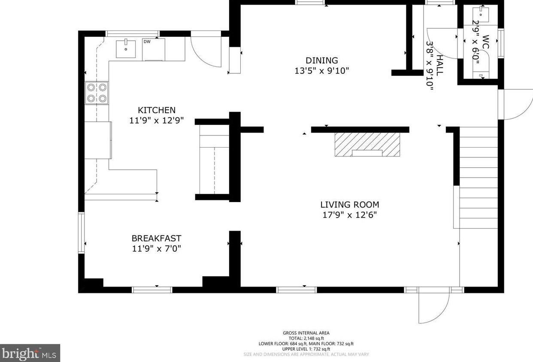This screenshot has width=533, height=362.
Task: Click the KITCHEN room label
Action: [157, 110]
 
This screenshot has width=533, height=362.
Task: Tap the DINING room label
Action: [322, 60]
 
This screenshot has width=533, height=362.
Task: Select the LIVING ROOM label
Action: [350, 205]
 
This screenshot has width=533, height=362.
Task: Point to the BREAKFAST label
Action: [156, 238]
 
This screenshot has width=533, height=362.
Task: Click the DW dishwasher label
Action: [147, 42]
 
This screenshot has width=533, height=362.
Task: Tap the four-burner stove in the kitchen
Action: [97, 93]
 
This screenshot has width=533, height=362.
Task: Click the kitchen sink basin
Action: [126, 49]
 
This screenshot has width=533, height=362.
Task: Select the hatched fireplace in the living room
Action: [367, 145]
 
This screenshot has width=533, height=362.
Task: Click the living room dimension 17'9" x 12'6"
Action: [350, 215]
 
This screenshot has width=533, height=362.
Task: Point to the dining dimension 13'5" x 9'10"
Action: [322, 71]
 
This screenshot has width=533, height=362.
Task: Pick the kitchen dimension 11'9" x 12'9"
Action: [157, 121]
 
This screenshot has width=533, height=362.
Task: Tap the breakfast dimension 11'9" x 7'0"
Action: [156, 248]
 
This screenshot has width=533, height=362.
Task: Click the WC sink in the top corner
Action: [481, 15]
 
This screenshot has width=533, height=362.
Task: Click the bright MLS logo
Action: [30, 353]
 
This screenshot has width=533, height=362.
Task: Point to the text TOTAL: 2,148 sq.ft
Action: [306, 338]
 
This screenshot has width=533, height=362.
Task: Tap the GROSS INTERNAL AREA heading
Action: [306, 333]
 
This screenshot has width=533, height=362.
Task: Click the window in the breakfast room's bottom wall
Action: [152, 290]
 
